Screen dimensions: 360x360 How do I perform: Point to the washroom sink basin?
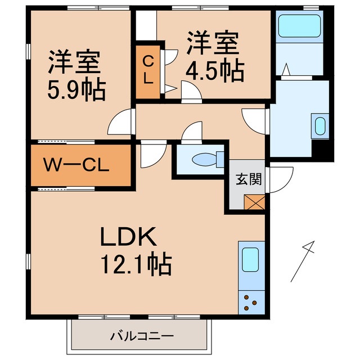coord(320,126)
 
